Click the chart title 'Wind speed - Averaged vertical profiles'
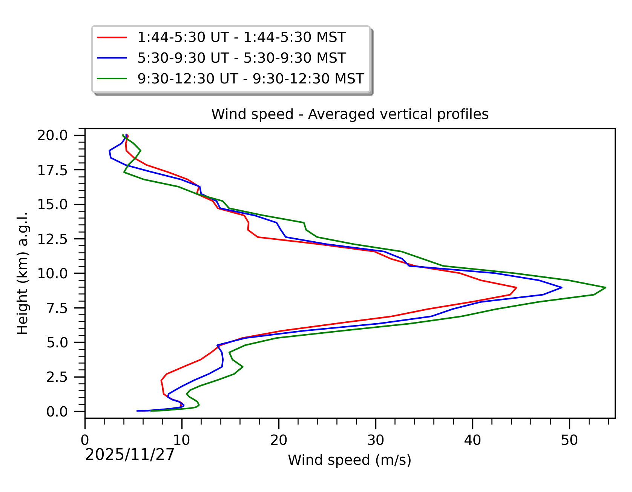[350, 114]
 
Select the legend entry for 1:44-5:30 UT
[241, 37]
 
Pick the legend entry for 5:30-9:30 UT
[241, 58]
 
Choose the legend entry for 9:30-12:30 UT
[250, 79]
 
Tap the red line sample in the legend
[112, 37]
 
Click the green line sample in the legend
[112, 79]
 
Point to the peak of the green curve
[606, 288]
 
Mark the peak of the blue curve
[562, 288]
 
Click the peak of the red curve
[516, 288]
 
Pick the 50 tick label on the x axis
[569, 440]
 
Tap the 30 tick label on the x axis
[376, 440]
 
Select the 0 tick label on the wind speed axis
[85, 440]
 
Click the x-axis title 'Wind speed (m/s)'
[350, 460]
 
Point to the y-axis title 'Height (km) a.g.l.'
[23, 273]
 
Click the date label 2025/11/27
[130, 455]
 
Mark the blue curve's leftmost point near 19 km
[109, 151]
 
